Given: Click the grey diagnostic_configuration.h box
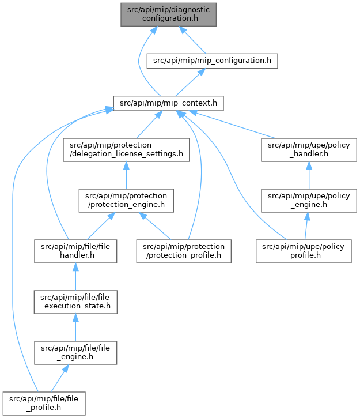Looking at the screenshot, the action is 168,14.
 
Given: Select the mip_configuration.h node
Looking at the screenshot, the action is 212,61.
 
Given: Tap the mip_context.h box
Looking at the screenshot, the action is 168,103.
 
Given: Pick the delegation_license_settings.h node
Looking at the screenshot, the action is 126,149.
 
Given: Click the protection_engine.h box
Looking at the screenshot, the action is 126,201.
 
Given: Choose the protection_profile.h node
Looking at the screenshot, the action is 184,251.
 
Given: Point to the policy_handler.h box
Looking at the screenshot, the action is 309,149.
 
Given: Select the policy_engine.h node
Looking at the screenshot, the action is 309,201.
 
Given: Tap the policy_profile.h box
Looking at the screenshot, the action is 304,251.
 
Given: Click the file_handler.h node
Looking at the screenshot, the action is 75,251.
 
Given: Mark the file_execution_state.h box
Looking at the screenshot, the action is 75,302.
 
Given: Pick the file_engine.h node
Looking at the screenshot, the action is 75,353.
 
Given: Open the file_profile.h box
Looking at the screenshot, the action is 44,404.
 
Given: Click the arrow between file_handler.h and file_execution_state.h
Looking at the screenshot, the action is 75,277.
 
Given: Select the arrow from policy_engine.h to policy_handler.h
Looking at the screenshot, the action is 309,175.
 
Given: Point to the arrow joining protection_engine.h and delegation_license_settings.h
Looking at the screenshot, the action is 126,175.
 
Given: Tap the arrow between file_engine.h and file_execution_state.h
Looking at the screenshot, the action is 75,327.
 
